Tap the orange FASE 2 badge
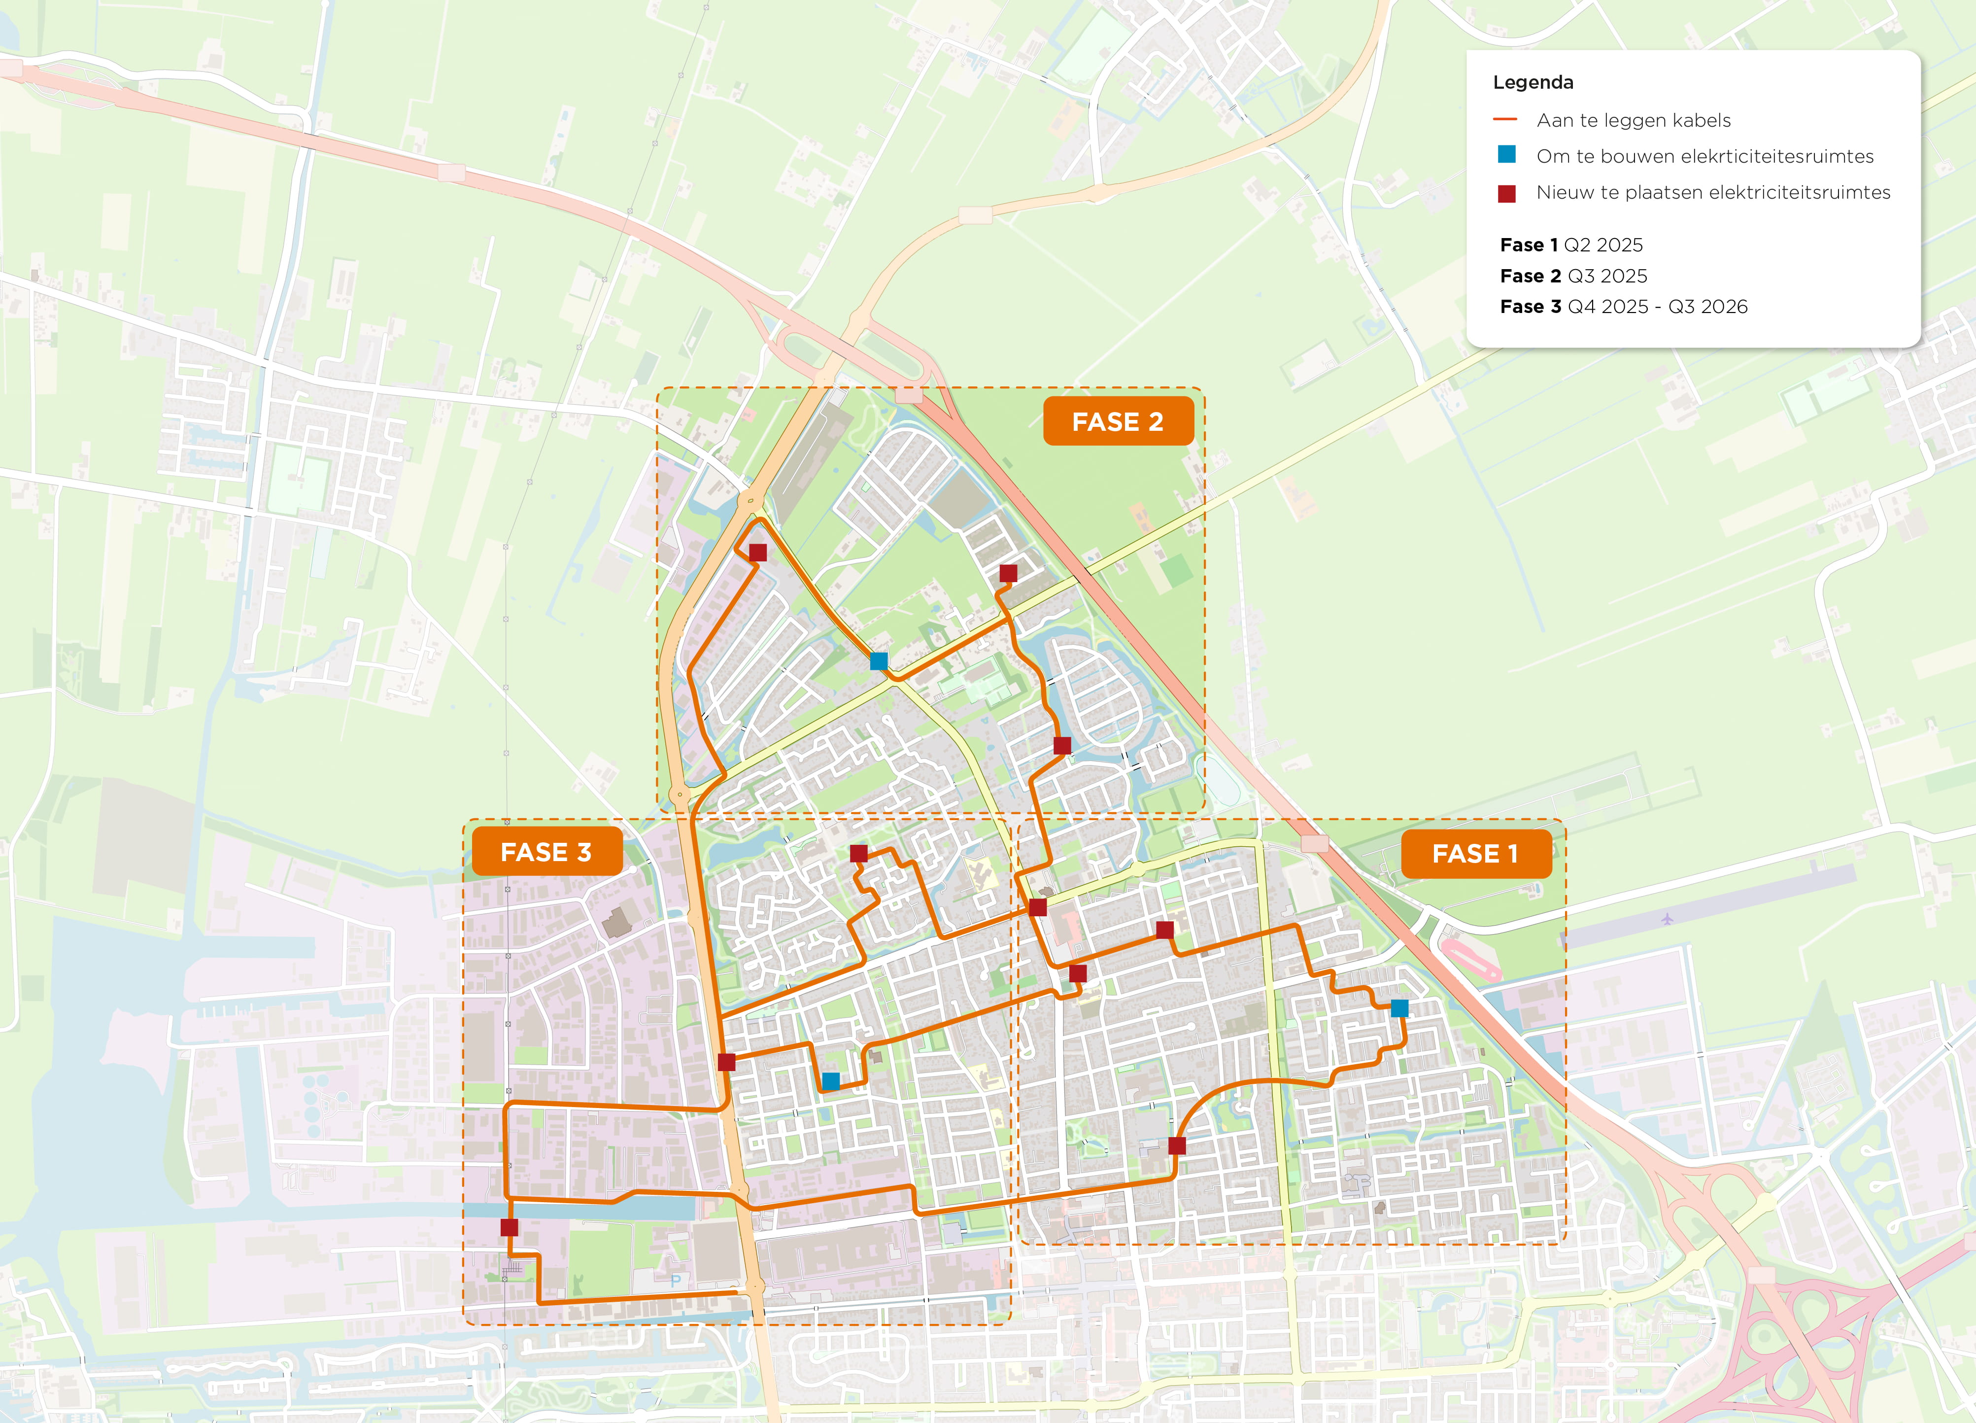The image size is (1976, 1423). coord(1118,422)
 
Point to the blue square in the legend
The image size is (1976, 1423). coord(1506,155)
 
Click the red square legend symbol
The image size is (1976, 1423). coord(1506,193)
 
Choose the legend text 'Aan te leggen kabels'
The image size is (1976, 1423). coord(1633,120)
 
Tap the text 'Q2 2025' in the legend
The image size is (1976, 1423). coord(1603,245)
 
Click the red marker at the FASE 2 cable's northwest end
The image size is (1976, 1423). coord(758,553)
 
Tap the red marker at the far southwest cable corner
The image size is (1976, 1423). coord(510,1227)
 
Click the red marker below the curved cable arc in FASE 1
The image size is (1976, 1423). coord(1176,1145)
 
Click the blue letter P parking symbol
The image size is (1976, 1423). coord(675,1281)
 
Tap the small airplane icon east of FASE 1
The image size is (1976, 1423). coord(1667,918)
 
